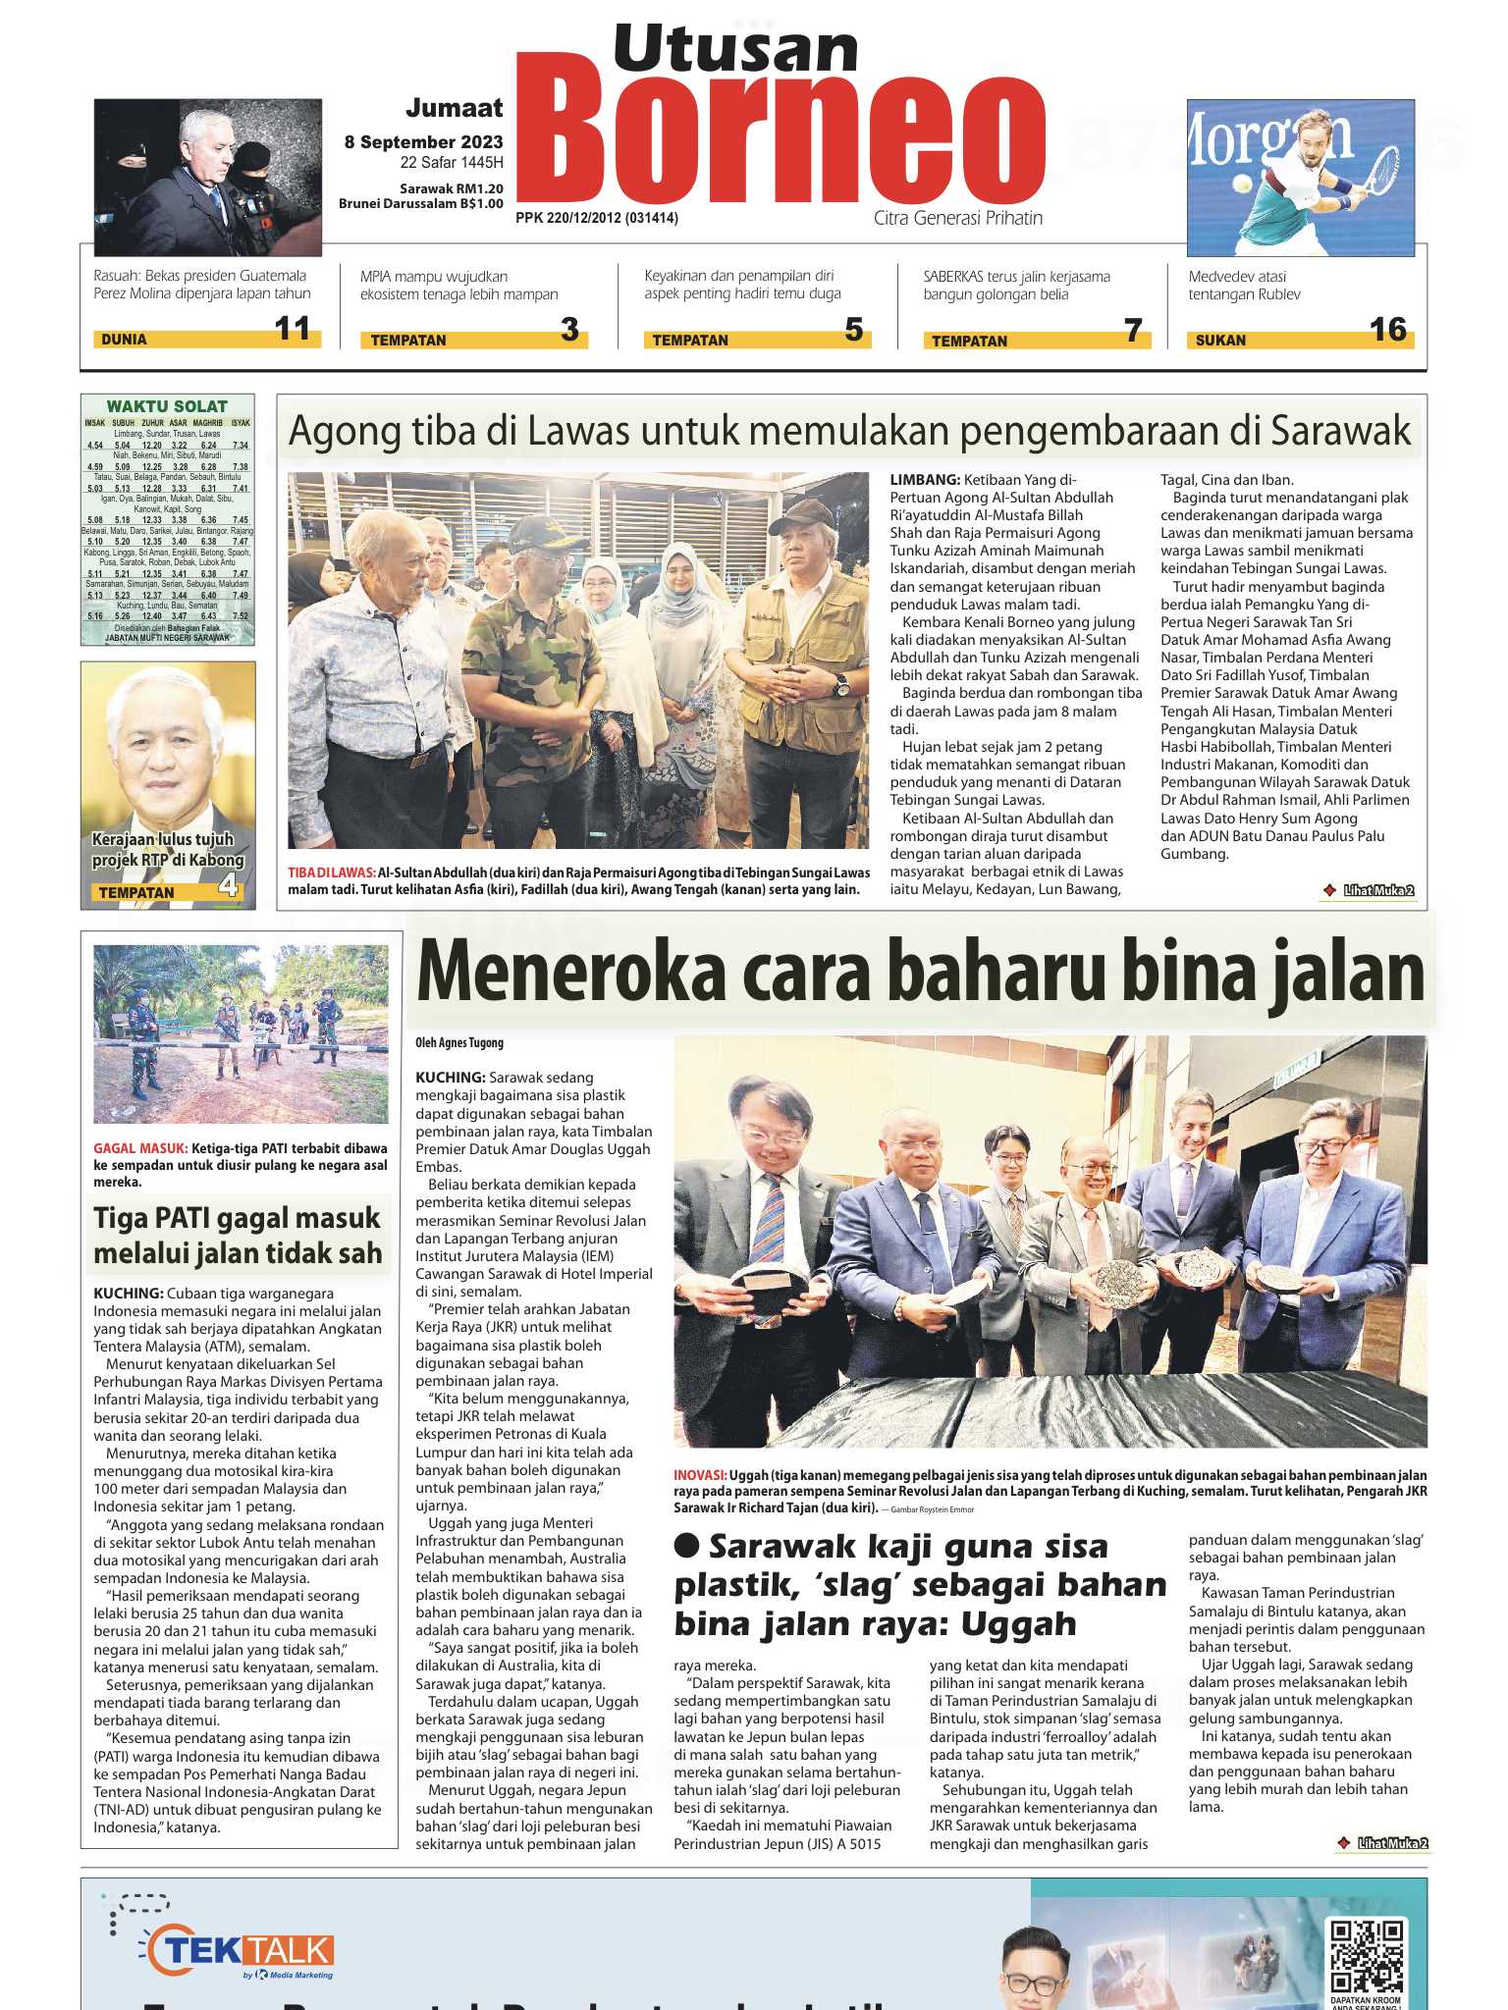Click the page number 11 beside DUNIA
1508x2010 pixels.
tap(293, 329)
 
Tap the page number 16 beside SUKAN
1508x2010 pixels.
tap(1388, 330)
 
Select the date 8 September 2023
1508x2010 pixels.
tap(423, 142)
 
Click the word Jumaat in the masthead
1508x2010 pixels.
tap(454, 108)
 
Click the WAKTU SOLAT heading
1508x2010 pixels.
tap(167, 406)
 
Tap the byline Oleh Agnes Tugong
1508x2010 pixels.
tap(459, 1042)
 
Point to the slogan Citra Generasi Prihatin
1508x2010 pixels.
tap(958, 218)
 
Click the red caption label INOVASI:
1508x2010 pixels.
tap(700, 1475)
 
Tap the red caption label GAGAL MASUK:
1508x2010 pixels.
tap(139, 1148)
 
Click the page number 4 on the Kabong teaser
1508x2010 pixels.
tap(229, 888)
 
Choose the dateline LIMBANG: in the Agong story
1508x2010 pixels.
tap(925, 480)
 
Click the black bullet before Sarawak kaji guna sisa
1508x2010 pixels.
tap(687, 1547)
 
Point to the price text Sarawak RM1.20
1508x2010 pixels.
tap(451, 188)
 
